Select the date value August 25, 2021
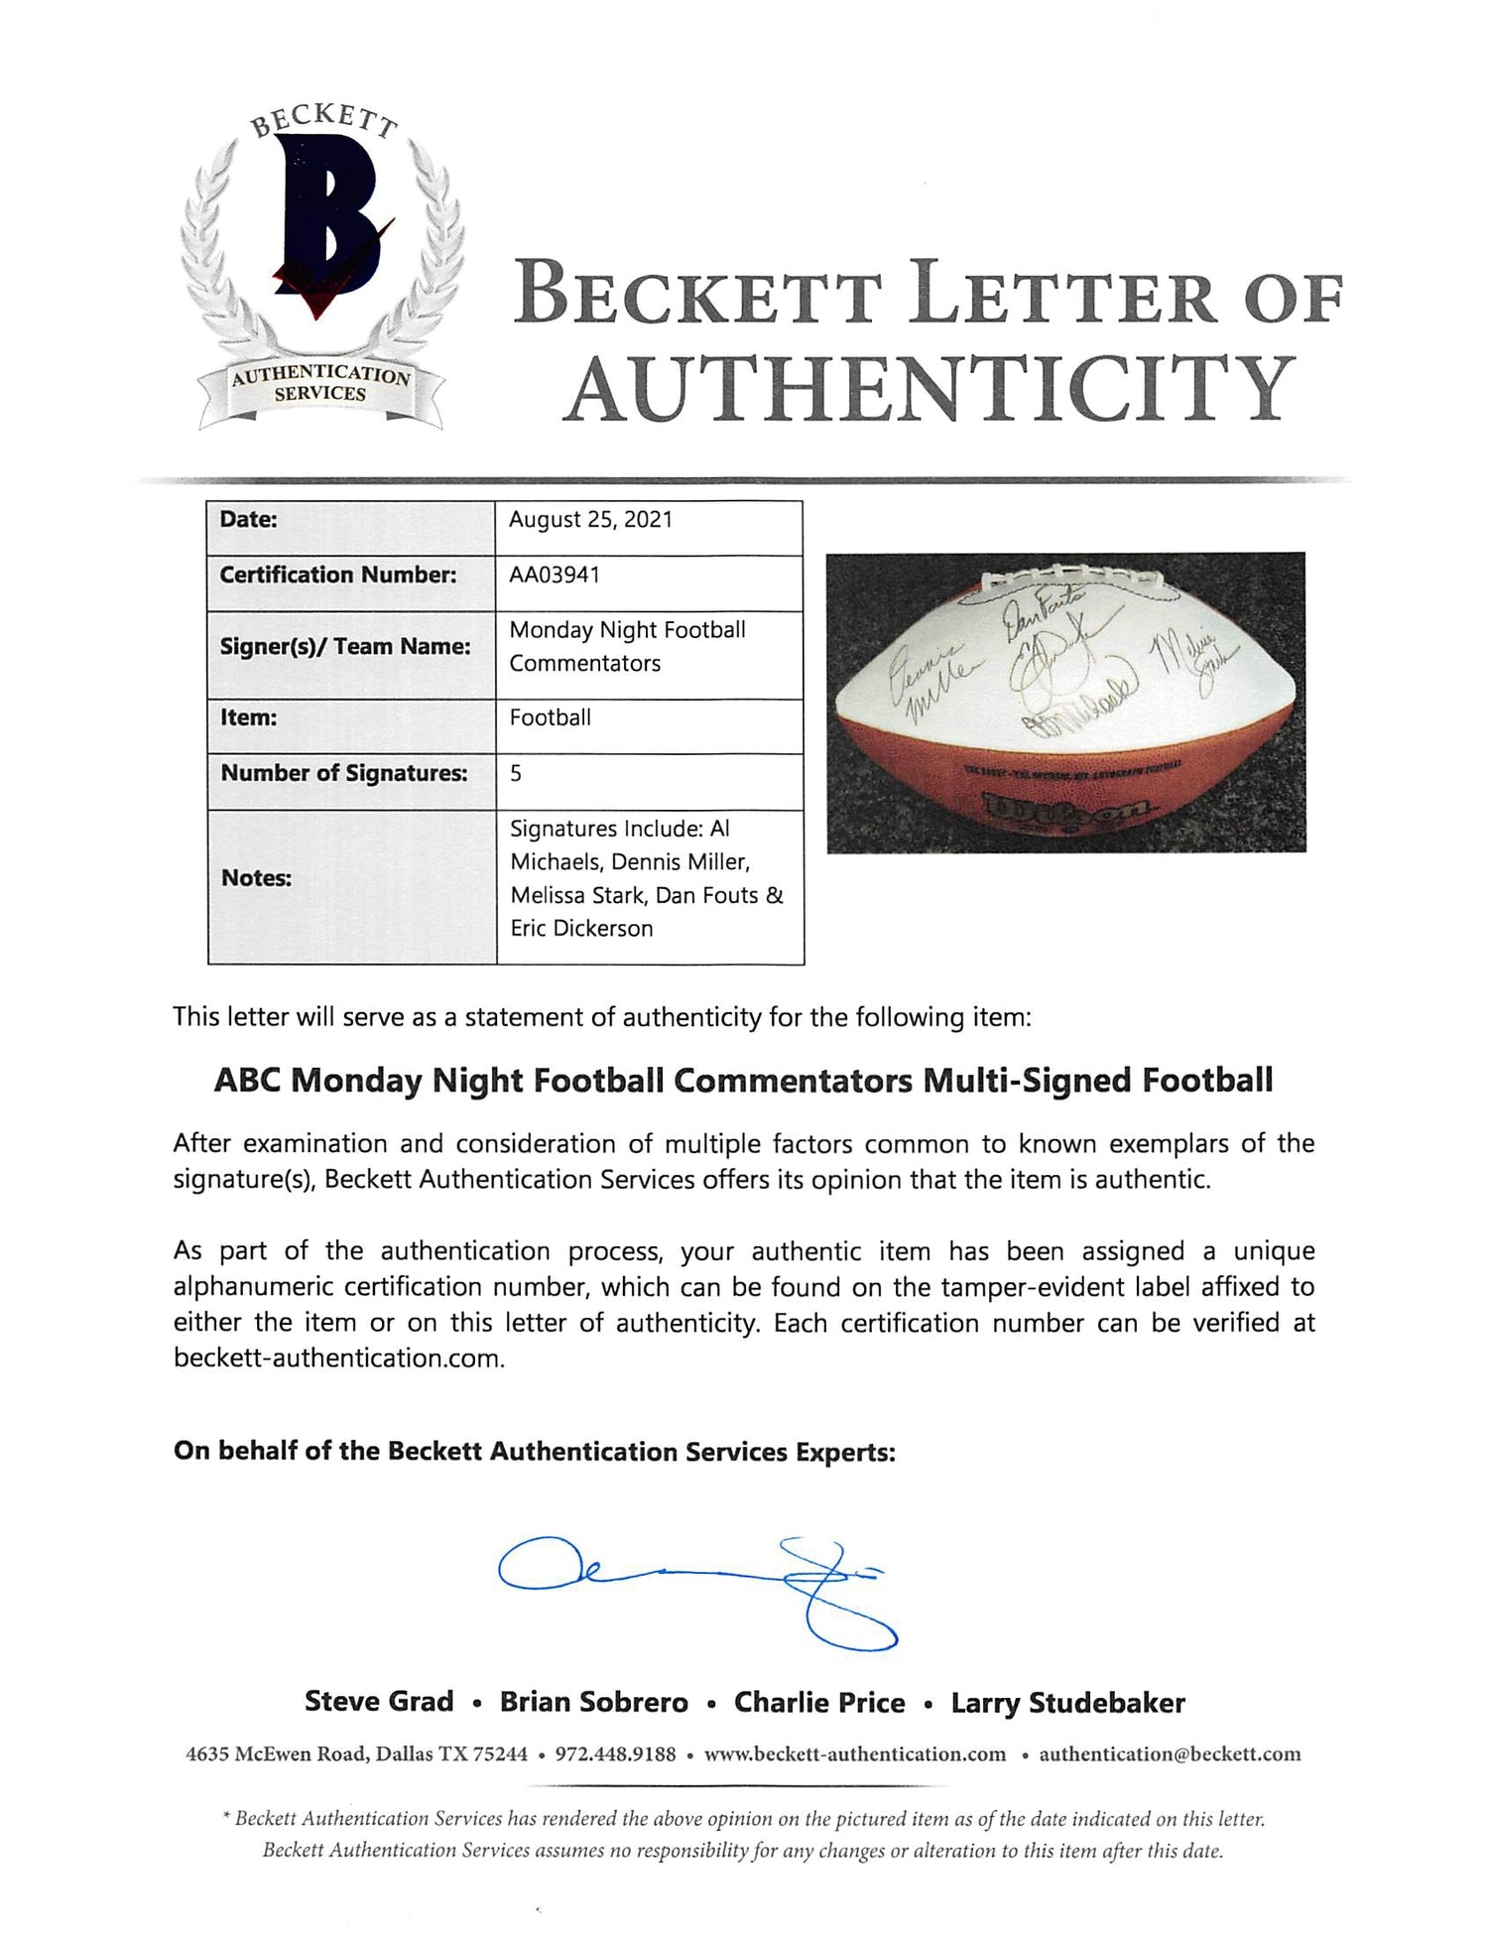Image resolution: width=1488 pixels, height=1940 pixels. click(590, 520)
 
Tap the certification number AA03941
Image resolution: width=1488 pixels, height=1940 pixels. click(555, 575)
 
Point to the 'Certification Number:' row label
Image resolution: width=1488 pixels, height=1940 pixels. click(337, 575)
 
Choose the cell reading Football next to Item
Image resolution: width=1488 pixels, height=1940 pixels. click(551, 717)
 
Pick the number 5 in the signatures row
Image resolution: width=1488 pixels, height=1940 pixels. click(516, 773)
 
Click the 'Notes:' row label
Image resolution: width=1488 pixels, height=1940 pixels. click(256, 878)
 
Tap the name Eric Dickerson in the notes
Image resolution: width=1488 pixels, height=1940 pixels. click(581, 929)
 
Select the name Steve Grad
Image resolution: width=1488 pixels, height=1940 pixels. click(379, 1702)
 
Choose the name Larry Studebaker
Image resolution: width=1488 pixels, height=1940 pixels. click(1067, 1703)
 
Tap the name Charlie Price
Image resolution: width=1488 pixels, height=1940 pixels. click(819, 1703)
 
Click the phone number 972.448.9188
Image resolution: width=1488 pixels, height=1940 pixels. click(615, 1754)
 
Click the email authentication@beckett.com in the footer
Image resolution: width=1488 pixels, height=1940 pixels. click(1170, 1754)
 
